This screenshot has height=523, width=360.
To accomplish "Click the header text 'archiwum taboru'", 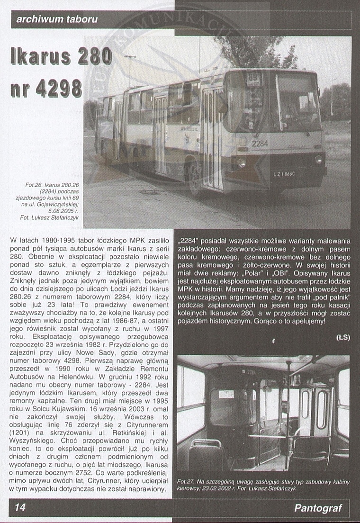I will point(57,19).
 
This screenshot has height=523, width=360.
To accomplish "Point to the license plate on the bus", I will point(284,174).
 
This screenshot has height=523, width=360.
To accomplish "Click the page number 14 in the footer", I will point(20,507).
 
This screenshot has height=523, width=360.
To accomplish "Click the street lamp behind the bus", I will point(130,71).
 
